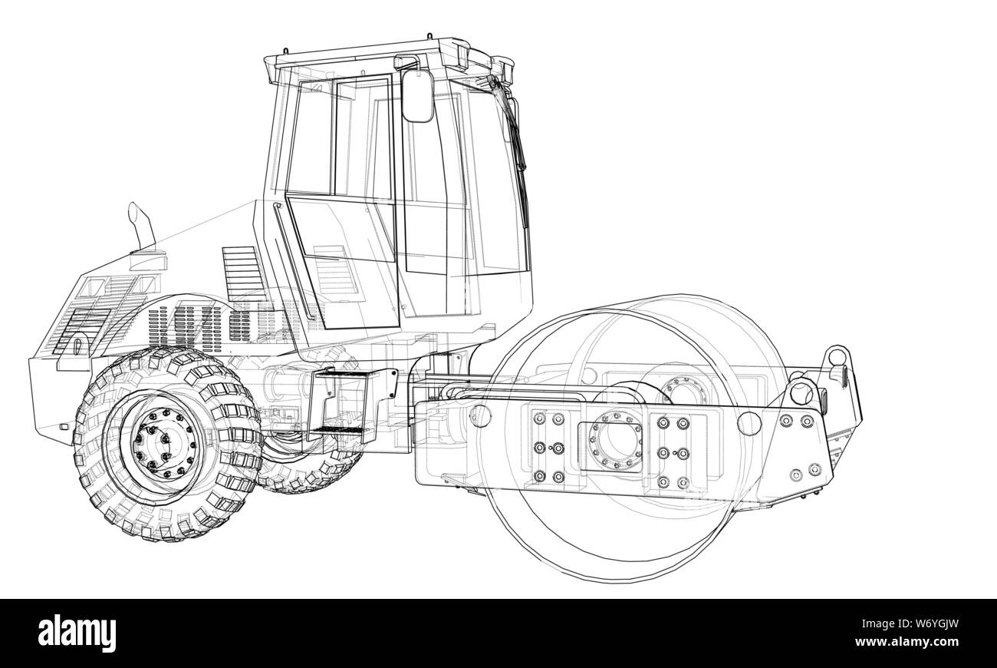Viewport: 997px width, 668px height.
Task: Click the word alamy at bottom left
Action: [77, 633]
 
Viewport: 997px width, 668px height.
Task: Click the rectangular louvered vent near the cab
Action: [241, 273]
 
